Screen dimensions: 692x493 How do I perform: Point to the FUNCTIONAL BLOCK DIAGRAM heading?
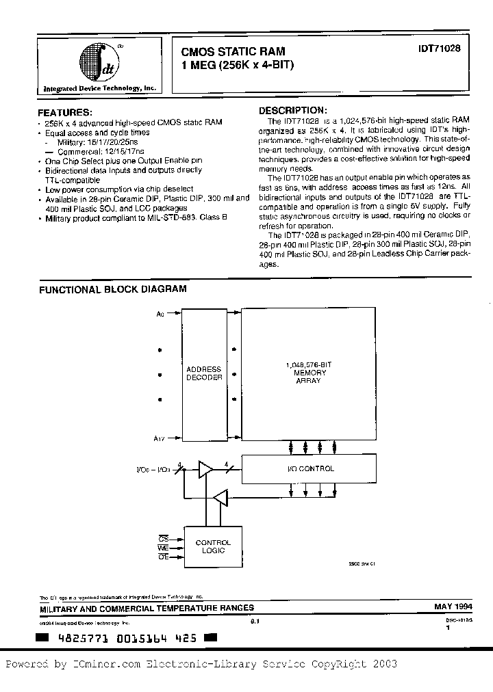[x=112, y=289]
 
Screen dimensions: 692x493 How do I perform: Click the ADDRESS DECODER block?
[x=204, y=373]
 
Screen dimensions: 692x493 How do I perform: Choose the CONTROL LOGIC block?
[x=213, y=547]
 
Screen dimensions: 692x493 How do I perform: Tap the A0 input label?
[x=160, y=314]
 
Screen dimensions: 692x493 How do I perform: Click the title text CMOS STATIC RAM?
[x=233, y=51]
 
